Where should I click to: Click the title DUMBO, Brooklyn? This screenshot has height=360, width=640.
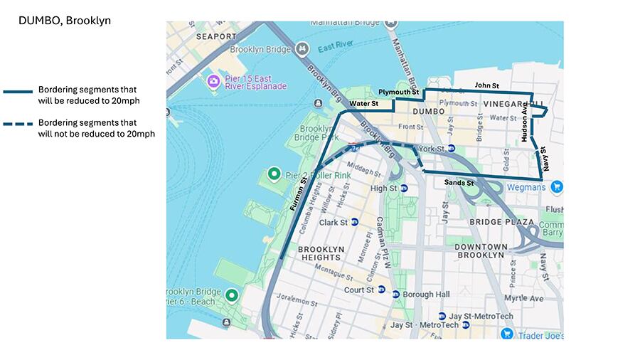(x=65, y=21)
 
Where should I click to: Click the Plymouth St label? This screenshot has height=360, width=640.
(x=398, y=92)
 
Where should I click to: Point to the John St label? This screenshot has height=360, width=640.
(x=487, y=85)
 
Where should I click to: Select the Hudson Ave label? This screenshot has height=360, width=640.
(x=525, y=125)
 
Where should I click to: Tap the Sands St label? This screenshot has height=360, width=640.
(x=459, y=183)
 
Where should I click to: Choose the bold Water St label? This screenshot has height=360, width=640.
(x=363, y=105)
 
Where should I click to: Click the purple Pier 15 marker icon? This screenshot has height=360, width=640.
(x=213, y=82)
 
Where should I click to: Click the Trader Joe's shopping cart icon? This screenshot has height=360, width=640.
(x=507, y=334)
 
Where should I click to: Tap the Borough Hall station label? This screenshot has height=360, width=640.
(x=426, y=295)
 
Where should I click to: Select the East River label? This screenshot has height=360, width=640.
(x=336, y=48)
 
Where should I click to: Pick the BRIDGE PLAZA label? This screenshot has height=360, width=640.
(x=501, y=222)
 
